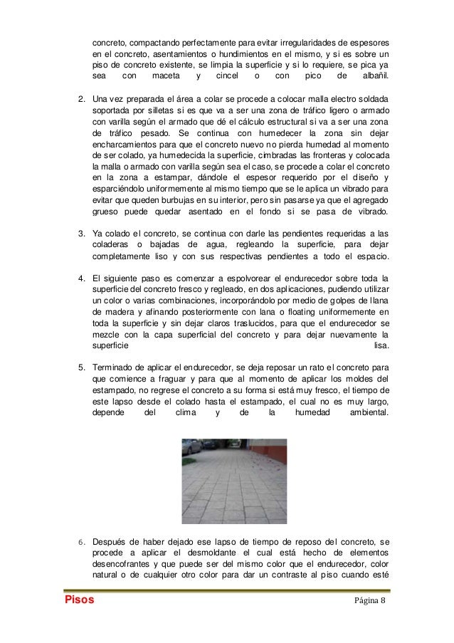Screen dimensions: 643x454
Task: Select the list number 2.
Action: click(x=81, y=98)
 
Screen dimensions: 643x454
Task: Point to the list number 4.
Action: click(x=81, y=278)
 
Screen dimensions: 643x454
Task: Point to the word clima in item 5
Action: click(x=186, y=413)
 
